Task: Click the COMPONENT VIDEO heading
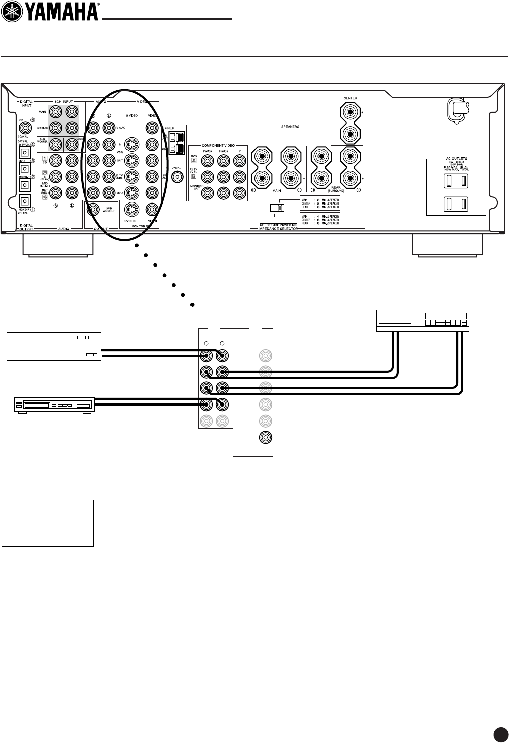(218, 145)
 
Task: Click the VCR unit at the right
(423, 321)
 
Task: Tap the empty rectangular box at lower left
(47, 523)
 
